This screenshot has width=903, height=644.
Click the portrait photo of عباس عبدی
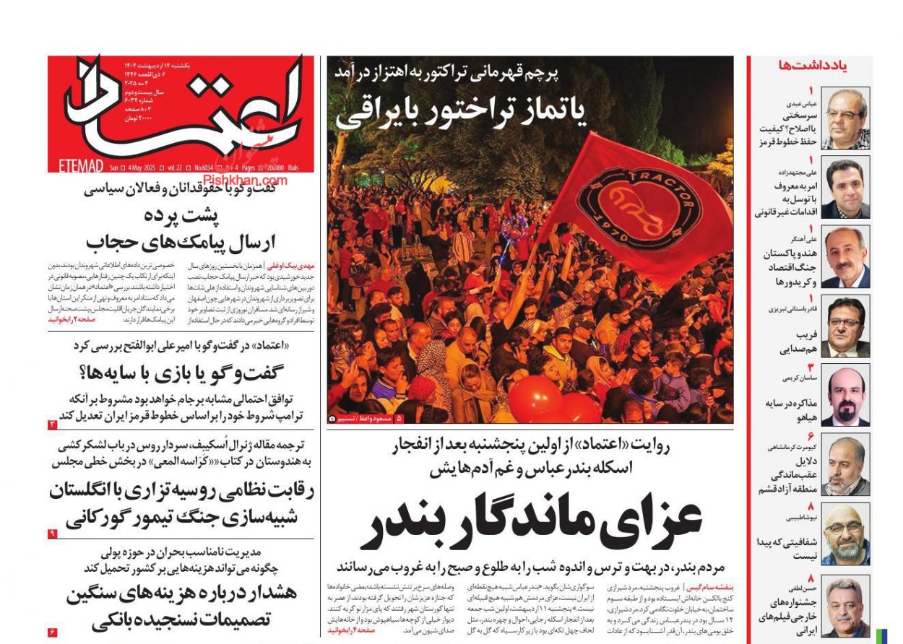845,118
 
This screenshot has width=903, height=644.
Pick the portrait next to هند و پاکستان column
845,257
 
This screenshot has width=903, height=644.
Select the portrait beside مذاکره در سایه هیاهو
845,396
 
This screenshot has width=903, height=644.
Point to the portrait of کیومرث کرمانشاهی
845,465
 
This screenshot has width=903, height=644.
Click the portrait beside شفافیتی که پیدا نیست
845,534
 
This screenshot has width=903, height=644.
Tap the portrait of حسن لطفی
845,605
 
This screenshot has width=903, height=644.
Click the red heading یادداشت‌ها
813,66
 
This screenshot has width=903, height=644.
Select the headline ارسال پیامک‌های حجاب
181,242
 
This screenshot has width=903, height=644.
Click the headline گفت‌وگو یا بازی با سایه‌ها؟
181,373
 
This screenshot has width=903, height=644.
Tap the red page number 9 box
52,534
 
